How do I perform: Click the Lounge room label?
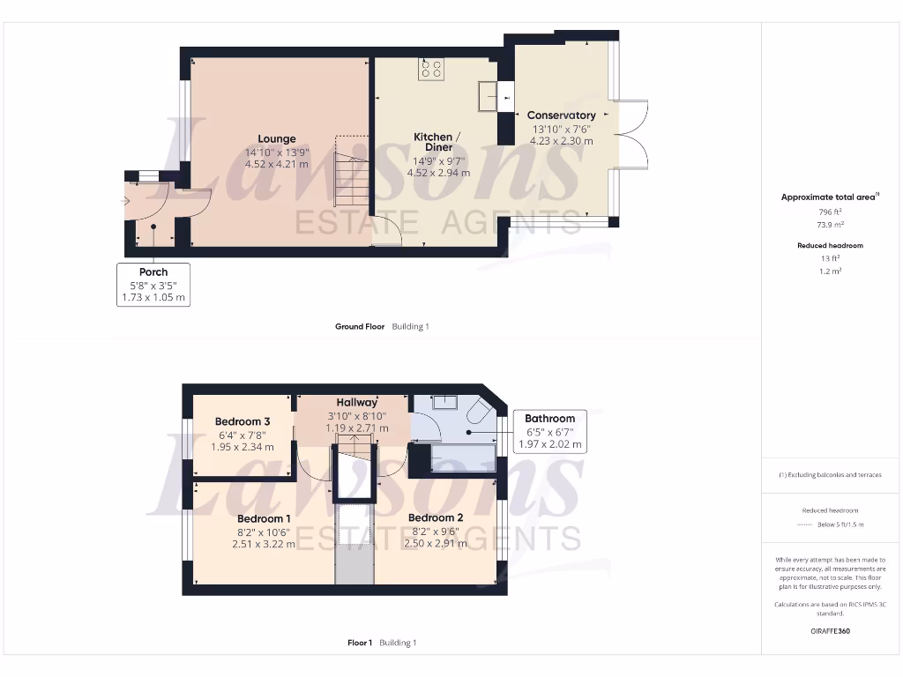[277, 138]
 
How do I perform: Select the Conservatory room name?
[561, 115]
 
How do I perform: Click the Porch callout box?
[153, 285]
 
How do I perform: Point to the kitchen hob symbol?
[431, 69]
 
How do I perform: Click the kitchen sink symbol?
[487, 96]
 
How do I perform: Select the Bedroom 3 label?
[242, 421]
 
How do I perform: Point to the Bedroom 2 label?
[436, 518]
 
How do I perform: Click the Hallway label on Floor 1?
[354, 402]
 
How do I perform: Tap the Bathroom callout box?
[549, 431]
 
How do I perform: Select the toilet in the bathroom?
[481, 413]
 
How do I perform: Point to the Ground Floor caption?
[360, 326]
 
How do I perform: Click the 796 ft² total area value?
[830, 212]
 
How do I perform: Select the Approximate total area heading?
[829, 197]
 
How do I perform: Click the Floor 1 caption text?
[360, 643]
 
